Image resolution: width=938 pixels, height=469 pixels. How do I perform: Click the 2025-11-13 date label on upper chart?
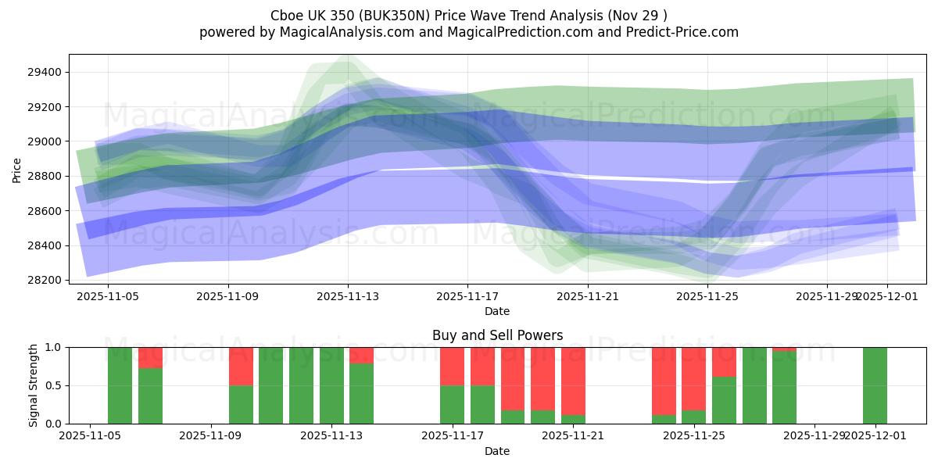[348, 297]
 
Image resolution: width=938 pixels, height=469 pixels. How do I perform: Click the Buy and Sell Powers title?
[497, 335]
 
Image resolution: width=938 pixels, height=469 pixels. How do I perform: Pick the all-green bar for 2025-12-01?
[875, 385]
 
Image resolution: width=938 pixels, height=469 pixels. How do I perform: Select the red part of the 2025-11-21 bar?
[573, 380]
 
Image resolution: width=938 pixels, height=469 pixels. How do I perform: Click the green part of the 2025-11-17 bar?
[452, 404]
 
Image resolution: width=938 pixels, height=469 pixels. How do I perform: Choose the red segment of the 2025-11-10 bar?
[241, 366]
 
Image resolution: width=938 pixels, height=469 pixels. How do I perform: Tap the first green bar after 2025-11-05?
[120, 385]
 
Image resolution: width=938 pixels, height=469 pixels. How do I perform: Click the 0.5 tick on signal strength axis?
[54, 385]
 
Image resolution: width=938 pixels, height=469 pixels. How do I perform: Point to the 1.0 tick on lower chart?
[54, 347]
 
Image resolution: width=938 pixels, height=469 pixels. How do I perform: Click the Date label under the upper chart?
[497, 311]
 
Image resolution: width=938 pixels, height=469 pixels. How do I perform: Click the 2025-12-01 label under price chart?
[886, 297]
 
